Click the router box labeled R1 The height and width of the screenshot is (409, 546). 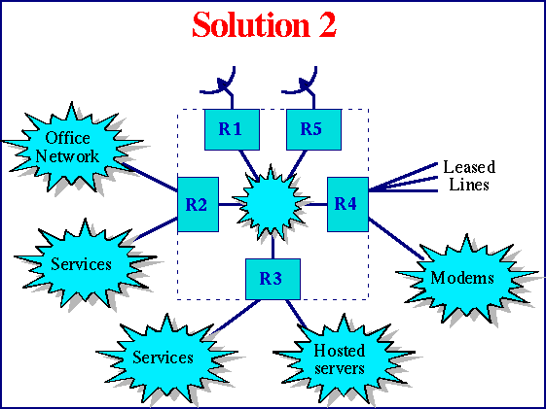[232, 129]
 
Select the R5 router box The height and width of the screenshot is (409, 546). [313, 129]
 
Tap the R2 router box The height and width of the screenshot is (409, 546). [198, 205]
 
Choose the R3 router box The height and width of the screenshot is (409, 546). [273, 279]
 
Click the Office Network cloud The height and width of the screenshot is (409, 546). [69, 148]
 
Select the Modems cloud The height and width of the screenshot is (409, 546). [462, 279]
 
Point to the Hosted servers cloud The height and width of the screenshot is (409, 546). [340, 358]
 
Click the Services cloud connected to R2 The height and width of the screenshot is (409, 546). [81, 264]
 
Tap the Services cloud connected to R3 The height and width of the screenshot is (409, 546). [164, 357]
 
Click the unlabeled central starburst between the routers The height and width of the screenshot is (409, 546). [273, 204]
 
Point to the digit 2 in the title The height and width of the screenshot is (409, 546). [325, 24]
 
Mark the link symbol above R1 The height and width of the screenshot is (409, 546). [225, 85]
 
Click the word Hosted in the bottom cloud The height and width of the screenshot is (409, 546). [340, 351]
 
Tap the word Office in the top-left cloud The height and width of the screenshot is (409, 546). [68, 139]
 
